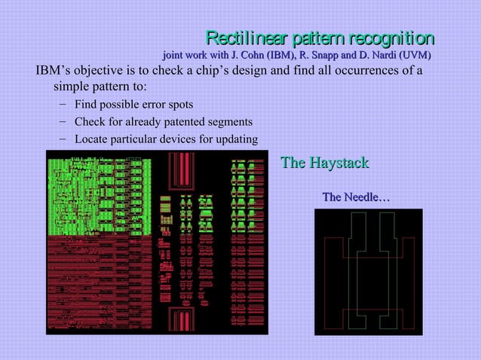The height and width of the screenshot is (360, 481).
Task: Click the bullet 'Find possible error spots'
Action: (x=133, y=104)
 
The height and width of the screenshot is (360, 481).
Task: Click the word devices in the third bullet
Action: (x=179, y=139)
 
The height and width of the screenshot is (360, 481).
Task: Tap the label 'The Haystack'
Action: (x=324, y=163)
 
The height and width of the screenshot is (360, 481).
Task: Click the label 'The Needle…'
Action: (x=356, y=197)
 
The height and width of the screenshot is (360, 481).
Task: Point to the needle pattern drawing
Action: (x=368, y=271)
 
